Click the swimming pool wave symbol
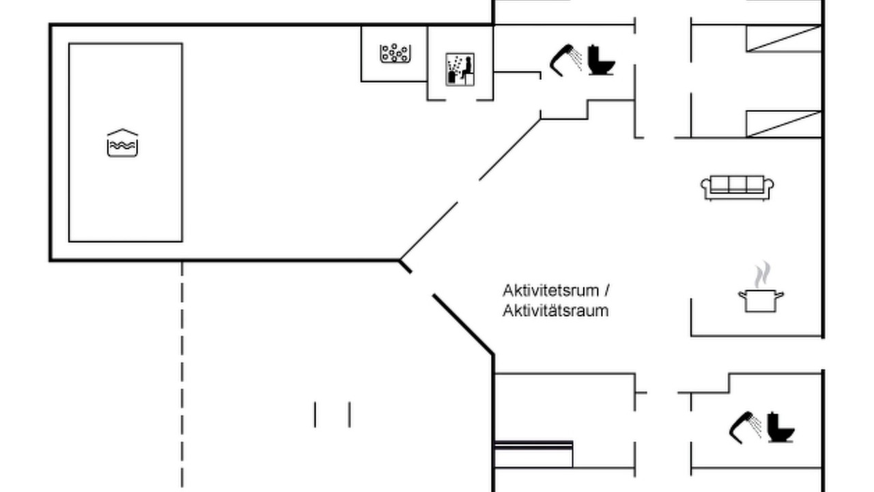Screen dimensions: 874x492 122,143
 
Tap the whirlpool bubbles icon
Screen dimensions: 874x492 395,53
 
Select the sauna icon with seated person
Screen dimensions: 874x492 460,70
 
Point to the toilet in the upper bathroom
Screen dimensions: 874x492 602,59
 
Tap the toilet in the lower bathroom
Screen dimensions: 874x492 781,428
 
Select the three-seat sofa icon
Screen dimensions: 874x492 737,188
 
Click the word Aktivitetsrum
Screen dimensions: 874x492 550,290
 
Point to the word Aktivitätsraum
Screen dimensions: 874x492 556,311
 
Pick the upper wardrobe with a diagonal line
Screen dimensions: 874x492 784,38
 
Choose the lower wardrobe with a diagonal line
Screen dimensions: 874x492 784,124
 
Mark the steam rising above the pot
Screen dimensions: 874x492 762,275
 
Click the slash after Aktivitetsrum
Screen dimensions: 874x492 607,291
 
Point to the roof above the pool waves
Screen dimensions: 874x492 122,132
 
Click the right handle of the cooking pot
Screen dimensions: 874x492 780,295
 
